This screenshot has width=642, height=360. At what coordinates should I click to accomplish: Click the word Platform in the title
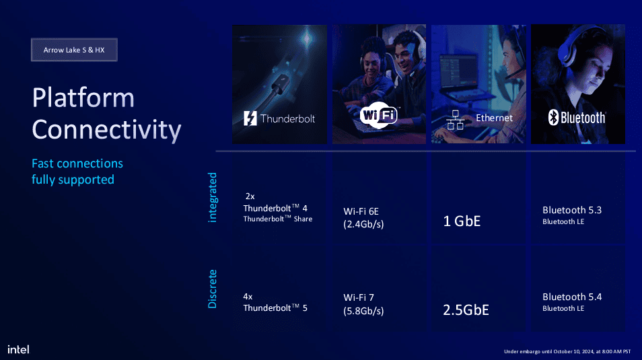tap(83, 98)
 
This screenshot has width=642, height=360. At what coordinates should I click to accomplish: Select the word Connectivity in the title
tap(106, 129)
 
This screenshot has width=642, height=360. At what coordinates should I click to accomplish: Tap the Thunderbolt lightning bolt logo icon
tap(250, 118)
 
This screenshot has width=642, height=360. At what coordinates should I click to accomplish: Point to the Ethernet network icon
tap(456, 120)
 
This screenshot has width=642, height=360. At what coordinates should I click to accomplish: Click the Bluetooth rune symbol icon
tap(554, 118)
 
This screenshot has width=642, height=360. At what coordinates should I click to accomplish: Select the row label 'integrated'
tap(213, 197)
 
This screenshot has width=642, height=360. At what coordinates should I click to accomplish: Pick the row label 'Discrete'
tap(213, 289)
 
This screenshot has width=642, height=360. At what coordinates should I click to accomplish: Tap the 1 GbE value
tap(462, 220)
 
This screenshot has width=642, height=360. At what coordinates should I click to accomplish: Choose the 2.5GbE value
tap(466, 310)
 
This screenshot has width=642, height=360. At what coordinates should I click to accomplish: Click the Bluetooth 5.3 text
tap(572, 210)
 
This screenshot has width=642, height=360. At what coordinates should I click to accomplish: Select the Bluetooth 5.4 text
tap(572, 297)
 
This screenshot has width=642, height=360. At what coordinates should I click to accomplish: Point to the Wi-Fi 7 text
tap(359, 297)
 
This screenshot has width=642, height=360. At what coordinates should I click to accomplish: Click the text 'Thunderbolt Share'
tap(277, 219)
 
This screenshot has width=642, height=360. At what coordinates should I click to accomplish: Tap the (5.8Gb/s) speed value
tap(363, 311)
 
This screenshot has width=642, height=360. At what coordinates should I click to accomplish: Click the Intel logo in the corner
tap(18, 349)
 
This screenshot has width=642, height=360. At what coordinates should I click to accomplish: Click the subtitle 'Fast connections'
tap(77, 164)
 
